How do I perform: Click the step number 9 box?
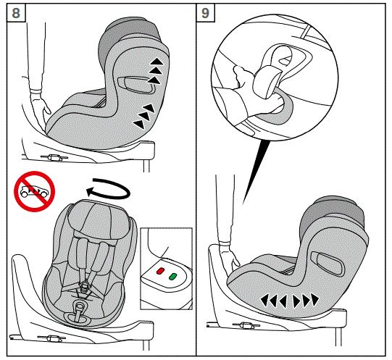tap(207, 13)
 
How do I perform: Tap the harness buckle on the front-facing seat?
tap(86, 288)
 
